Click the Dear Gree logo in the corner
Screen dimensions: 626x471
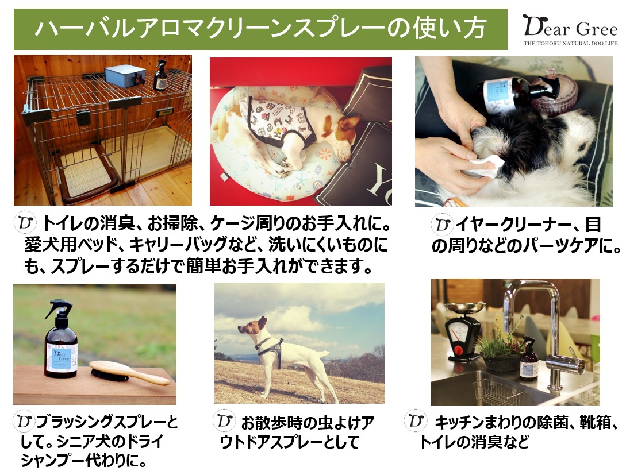[x=570, y=29]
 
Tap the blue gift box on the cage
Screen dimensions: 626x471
[x=125, y=76]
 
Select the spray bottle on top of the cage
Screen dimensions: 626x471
[x=160, y=75]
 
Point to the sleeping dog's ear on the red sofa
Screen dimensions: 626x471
[x=348, y=121]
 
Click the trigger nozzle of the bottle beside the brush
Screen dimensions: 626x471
[x=59, y=308]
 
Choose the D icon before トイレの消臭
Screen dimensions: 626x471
[x=25, y=223]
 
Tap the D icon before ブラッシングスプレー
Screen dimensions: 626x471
[x=24, y=421]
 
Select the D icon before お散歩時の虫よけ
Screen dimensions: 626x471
[x=224, y=420]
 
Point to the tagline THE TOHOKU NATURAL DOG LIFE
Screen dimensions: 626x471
[x=570, y=43]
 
